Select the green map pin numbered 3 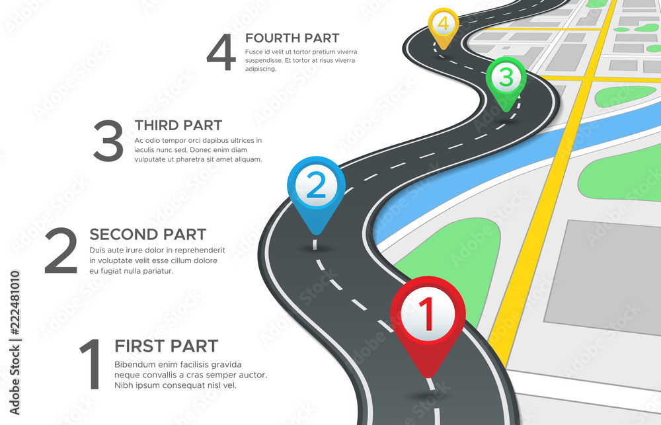pyautogui.click(x=506, y=79)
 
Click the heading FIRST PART pyautogui.click(x=166, y=346)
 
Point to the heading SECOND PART pyautogui.click(x=147, y=235)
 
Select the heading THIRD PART pyautogui.click(x=178, y=125)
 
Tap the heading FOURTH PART pyautogui.click(x=292, y=38)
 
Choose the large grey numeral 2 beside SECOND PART pyautogui.click(x=61, y=252)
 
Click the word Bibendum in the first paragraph pyautogui.click(x=136, y=365)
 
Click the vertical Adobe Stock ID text pyautogui.click(x=14, y=344)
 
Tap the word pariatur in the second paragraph pyautogui.click(x=155, y=271)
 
